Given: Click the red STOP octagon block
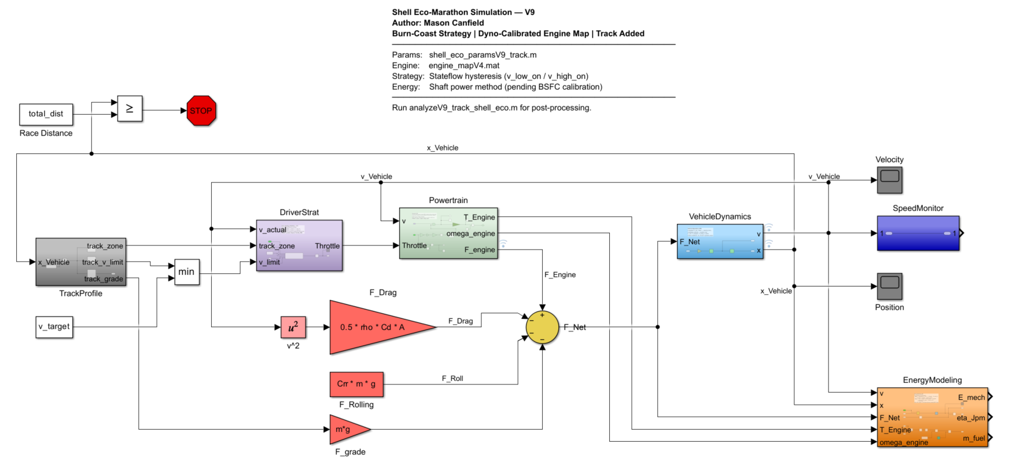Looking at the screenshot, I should point(201,111).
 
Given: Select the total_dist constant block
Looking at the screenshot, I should point(46,114).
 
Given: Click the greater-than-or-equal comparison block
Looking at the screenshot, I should point(130,109).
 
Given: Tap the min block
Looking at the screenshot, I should point(186,272).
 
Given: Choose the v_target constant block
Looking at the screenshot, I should point(54,327).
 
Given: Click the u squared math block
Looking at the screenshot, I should point(293,327).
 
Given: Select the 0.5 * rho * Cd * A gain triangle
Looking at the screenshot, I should point(373,327).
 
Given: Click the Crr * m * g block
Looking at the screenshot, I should point(356,384).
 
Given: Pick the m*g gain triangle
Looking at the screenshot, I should point(346,430).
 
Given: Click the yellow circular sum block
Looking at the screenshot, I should point(542,327).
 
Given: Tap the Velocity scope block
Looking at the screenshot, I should point(889,180).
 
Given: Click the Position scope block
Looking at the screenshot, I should point(889,286).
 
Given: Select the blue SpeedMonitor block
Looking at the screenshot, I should point(918,233).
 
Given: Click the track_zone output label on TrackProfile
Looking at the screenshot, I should point(105,246).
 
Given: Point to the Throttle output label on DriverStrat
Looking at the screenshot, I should point(327,246).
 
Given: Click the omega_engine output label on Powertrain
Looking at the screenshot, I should point(470,234).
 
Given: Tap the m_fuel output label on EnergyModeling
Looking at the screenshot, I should point(974,438).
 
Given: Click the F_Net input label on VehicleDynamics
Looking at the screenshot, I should point(690,242).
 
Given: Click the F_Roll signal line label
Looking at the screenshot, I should point(452,379).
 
